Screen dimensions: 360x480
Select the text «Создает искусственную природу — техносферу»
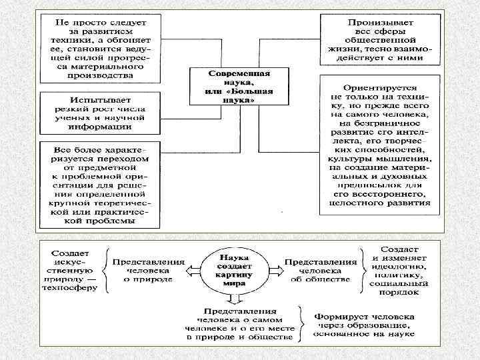point(73,269)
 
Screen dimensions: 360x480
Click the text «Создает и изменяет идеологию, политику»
point(400,269)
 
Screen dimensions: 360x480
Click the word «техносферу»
point(73,288)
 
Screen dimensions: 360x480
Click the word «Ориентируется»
point(381,87)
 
